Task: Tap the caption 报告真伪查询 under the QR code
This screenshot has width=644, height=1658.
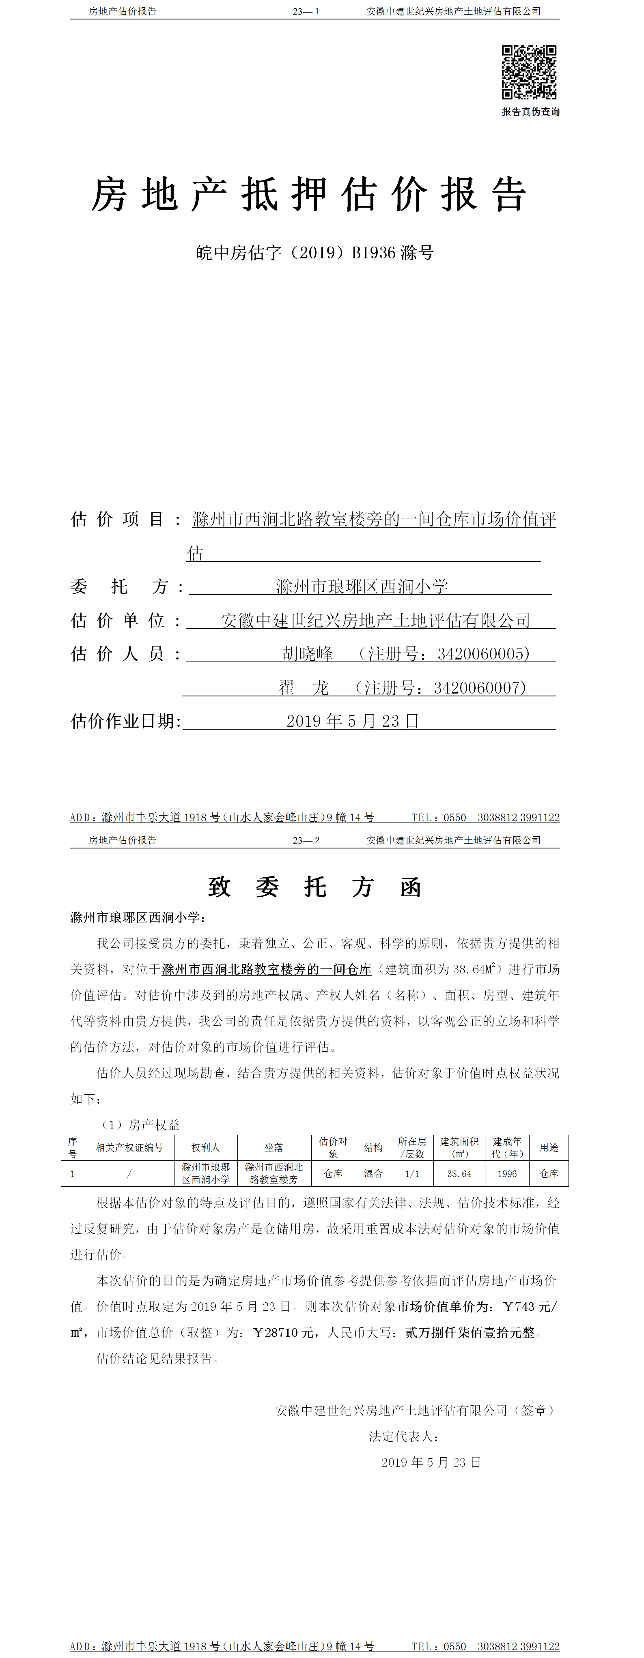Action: [x=531, y=112]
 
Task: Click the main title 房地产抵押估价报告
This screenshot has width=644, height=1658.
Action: [x=309, y=194]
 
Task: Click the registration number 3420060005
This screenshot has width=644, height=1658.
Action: [x=483, y=654]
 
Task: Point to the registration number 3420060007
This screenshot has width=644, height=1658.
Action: [x=480, y=688]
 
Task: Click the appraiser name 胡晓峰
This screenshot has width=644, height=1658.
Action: [x=308, y=654]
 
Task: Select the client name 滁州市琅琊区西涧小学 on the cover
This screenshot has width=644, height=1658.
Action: [x=362, y=586]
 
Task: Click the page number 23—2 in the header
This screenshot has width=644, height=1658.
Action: [x=306, y=840]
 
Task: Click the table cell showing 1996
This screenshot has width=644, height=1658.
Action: [x=507, y=1173]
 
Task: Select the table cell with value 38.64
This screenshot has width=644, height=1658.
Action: [x=459, y=1173]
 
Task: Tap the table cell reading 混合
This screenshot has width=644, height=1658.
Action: [x=373, y=1173]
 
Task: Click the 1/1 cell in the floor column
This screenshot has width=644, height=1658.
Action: [x=412, y=1173]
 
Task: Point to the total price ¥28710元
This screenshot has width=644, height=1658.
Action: [x=283, y=1332]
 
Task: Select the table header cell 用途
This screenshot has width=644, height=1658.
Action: [x=549, y=1147]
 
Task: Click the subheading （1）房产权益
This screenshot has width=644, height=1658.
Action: [x=140, y=1124]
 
